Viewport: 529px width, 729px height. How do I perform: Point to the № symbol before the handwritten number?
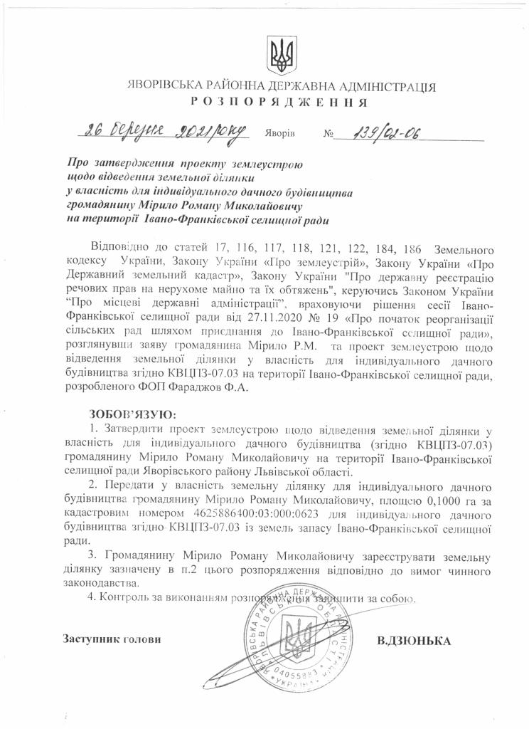[328, 134]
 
